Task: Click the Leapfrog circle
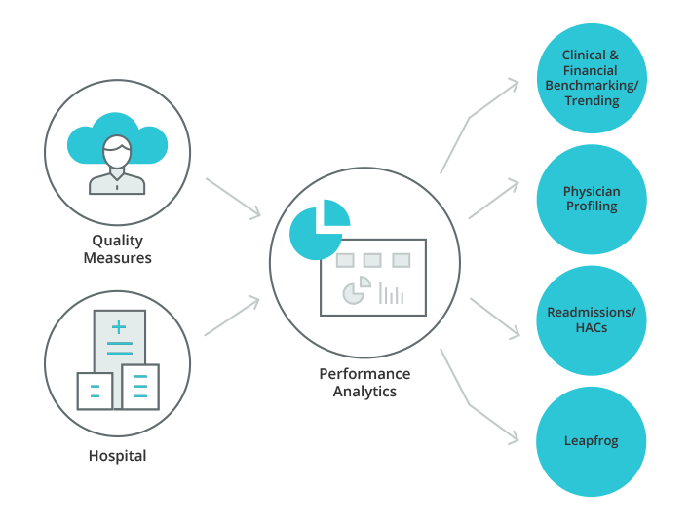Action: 591,441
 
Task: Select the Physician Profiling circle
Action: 592,200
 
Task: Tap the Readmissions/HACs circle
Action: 592,320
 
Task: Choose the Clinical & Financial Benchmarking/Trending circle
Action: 592,78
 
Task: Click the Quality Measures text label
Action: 118,249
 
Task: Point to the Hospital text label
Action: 118,456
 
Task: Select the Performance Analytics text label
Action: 364,382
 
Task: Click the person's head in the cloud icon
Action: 117,151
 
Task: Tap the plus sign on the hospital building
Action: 119,327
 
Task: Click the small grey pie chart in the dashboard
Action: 357,290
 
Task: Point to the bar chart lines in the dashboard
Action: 391,293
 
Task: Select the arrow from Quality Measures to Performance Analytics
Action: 233,199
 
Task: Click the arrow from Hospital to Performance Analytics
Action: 232,316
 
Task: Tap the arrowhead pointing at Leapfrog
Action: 514,437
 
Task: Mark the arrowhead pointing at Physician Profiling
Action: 513,185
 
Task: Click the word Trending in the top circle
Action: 592,100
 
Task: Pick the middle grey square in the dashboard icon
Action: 372,260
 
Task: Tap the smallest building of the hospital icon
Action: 95,391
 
